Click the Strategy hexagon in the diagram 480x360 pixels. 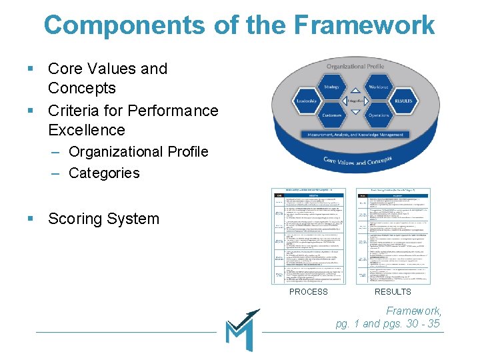point(331,87)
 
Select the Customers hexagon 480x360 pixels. point(331,115)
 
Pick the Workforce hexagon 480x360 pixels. point(379,87)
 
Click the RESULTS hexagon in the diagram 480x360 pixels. point(403,101)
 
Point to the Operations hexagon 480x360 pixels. point(379,115)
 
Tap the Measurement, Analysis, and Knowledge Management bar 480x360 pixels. point(355,135)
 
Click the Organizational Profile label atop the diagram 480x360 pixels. point(355,67)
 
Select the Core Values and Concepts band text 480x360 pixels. point(357,160)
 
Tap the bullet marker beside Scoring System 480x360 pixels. point(31,219)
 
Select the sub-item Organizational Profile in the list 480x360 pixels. point(139,151)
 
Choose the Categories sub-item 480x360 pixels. point(104,173)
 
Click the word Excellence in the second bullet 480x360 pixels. point(87,129)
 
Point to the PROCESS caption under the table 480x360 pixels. point(309,291)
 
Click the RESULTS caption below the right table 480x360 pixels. point(393,291)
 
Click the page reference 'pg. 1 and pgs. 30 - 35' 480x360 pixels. point(387,323)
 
